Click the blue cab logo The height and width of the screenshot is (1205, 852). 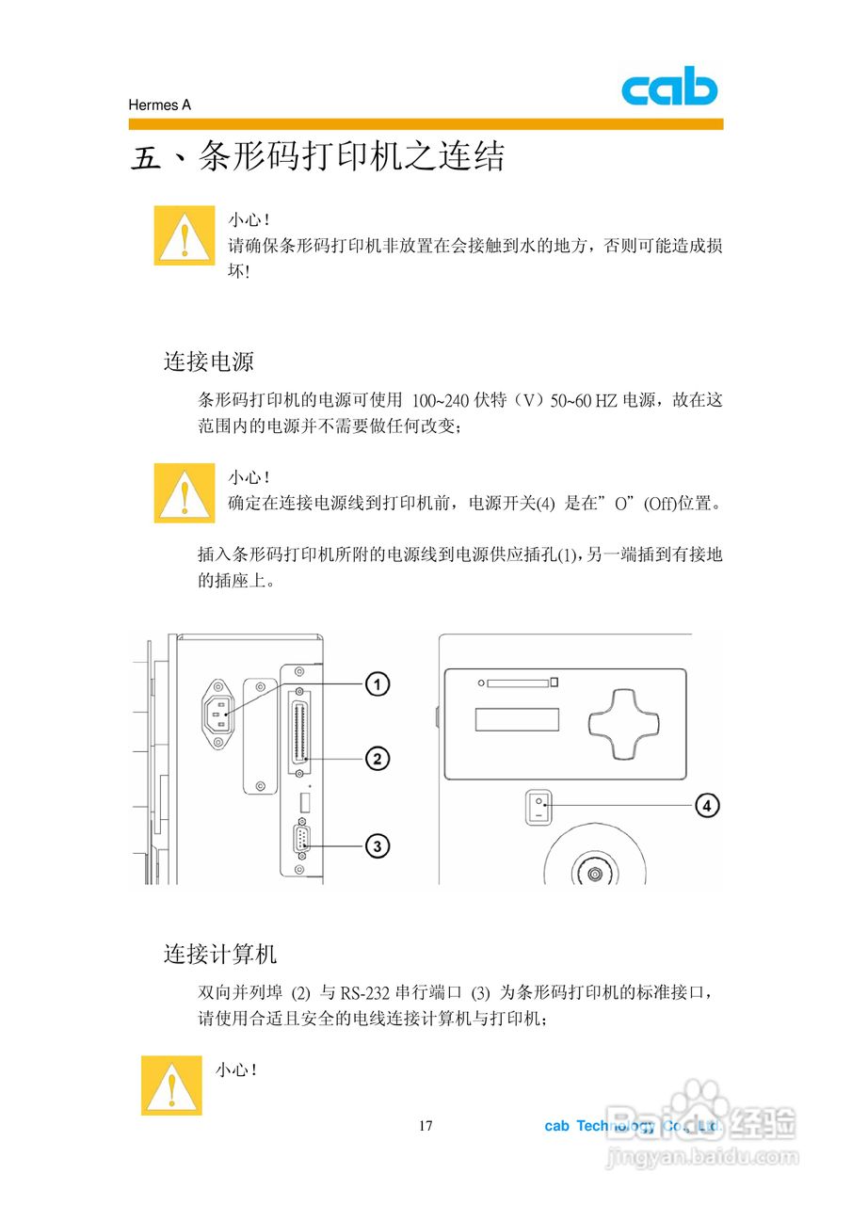pos(669,89)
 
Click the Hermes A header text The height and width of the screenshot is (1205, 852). pos(159,105)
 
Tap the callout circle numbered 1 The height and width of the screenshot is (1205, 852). pos(377,684)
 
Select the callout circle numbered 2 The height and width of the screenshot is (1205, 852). pos(377,759)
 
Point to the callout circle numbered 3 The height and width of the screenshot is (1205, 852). pos(377,846)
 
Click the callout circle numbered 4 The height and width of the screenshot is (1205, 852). pos(708,805)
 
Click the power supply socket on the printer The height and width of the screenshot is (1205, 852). pos(218,715)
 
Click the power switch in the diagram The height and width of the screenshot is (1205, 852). pos(538,808)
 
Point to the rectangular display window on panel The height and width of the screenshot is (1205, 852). pos(518,720)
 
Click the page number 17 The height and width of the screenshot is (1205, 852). pos(426,1126)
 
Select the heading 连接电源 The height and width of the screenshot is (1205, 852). pos(208,361)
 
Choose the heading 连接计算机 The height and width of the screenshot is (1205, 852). pos(220,954)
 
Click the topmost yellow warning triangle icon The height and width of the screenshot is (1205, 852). pos(185,235)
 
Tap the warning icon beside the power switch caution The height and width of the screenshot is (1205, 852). pos(185,492)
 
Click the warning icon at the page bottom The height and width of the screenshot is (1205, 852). pos(171,1085)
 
